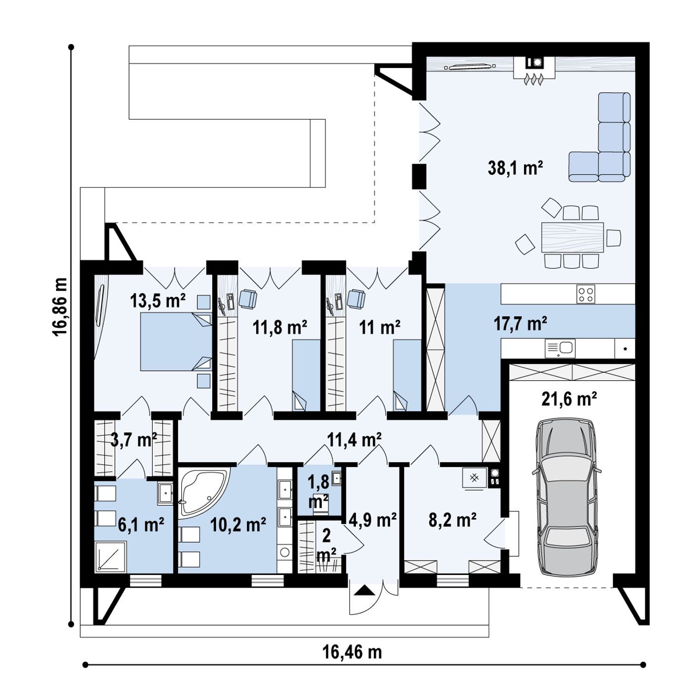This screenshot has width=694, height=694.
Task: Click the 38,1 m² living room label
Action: [515, 168]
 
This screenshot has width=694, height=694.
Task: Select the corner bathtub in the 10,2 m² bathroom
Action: [204, 492]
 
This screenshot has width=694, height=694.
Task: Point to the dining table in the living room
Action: [572, 237]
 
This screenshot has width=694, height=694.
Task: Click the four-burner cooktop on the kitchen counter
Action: [585, 294]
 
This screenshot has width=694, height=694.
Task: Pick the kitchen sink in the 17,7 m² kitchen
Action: [560, 348]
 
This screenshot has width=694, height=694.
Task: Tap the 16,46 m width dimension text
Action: [352, 652]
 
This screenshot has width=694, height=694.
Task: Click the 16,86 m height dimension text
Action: [60, 307]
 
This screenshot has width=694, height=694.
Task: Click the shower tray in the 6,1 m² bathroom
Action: [111, 556]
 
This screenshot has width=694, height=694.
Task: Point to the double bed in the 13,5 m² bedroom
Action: [176, 342]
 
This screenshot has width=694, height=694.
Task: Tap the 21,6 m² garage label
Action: [569, 399]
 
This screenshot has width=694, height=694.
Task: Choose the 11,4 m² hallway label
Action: [354, 439]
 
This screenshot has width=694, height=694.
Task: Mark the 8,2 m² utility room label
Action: [453, 520]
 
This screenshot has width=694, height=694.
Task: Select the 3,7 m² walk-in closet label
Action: [134, 440]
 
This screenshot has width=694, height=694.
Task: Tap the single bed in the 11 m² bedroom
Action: [407, 375]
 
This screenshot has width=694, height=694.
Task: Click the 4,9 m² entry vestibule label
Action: [373, 520]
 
